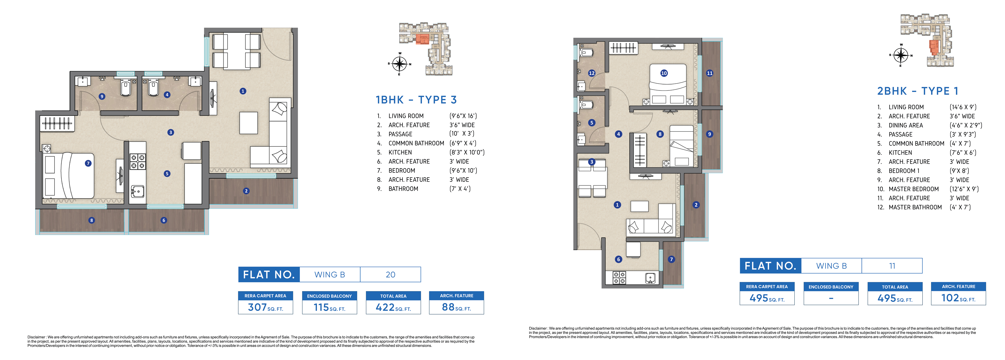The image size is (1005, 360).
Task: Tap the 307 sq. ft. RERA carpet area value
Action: [265, 307]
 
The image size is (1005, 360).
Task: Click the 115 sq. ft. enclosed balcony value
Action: [329, 307]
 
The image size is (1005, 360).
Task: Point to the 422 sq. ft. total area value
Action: [393, 307]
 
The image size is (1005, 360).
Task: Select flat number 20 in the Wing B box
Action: [391, 275]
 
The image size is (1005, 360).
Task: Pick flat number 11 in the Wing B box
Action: [892, 266]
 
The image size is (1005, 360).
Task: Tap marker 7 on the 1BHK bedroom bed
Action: [88, 163]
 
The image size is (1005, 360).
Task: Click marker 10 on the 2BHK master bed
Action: [664, 73]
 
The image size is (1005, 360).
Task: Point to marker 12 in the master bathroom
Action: [592, 73]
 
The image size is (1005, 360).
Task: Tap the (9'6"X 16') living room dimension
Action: [463, 116]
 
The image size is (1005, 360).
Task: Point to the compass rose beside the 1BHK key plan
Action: [400, 64]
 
